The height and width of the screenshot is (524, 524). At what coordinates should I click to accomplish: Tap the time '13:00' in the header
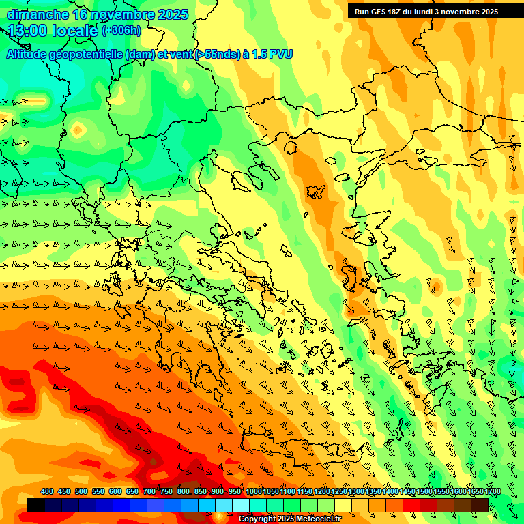coord(28,31)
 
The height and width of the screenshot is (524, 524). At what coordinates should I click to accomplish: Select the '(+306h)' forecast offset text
coord(121,30)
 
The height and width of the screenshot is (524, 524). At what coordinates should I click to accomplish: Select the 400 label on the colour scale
coord(47,492)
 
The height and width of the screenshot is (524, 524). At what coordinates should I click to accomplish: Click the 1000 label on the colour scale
coord(254,492)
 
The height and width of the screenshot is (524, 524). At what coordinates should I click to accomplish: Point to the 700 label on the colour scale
coord(149,492)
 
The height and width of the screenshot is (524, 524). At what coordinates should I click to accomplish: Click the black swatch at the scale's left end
coord(36,505)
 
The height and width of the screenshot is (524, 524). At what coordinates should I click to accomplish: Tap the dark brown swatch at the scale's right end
coord(480,505)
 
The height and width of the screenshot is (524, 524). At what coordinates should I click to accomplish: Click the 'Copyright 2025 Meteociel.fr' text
coord(290,519)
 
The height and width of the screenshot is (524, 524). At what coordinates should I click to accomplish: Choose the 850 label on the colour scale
coord(201,492)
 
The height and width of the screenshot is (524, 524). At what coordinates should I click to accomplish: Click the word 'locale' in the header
coord(74,31)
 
